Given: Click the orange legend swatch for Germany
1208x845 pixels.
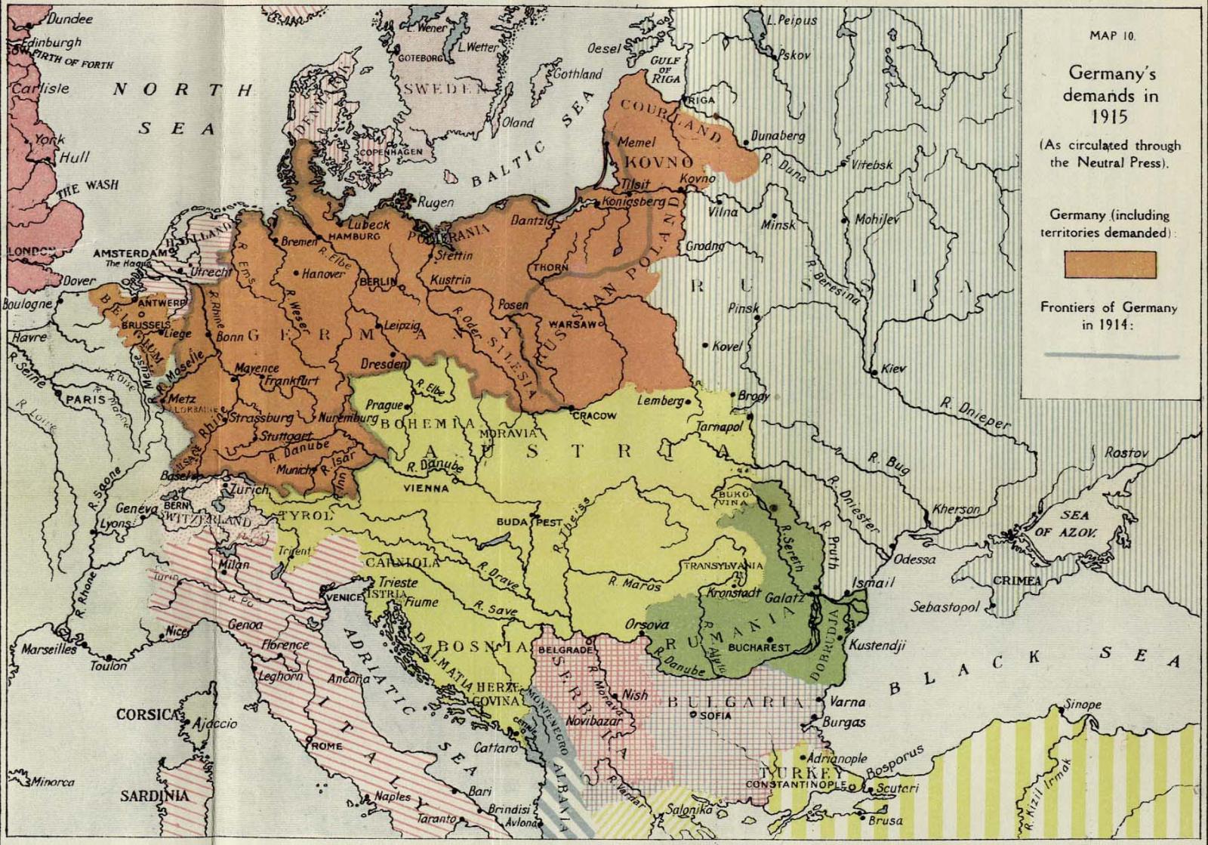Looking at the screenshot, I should coord(1109,264).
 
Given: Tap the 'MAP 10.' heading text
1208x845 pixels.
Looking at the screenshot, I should coord(1111,35).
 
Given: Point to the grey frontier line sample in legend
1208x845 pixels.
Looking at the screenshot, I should coord(1111,356).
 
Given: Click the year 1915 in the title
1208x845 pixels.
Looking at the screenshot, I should coord(1109,117).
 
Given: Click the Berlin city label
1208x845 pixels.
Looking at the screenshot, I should coord(377,281).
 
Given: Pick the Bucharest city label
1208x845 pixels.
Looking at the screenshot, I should coord(758,647).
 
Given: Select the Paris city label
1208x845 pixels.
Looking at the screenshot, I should coord(85,398).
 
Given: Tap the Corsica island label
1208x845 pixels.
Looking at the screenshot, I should coord(147,714).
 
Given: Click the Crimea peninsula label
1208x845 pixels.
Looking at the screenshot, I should coord(1017,581).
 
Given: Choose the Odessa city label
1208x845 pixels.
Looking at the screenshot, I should coord(914,560).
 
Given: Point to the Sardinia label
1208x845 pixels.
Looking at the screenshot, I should coord(154,796).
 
